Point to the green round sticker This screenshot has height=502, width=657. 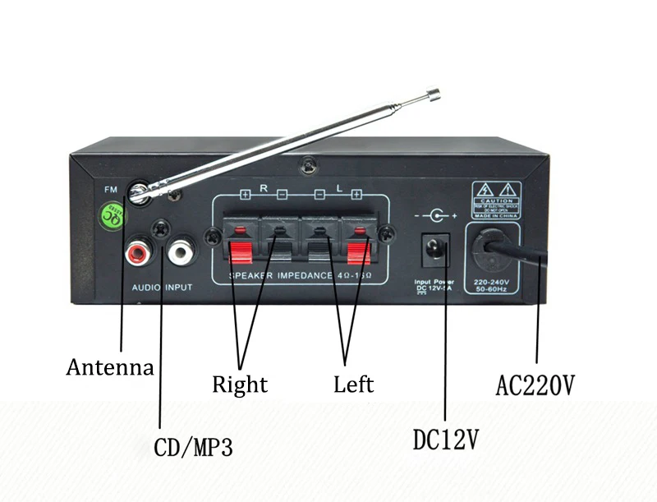[112, 216]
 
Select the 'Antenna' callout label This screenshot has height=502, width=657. [109, 367]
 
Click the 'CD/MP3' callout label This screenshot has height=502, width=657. [193, 448]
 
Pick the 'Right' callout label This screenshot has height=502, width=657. [240, 384]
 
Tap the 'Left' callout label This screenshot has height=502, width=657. [353, 384]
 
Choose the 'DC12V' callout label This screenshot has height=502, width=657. [444, 440]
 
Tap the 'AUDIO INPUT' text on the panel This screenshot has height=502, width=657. [162, 288]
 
